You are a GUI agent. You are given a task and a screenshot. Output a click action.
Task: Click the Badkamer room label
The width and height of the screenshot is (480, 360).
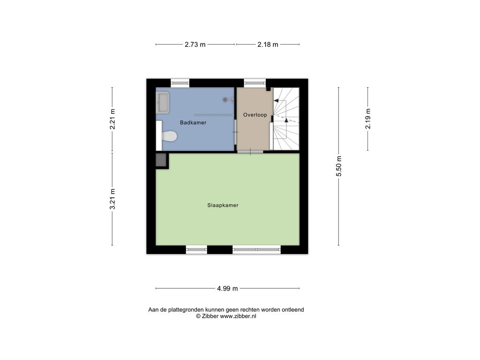click(x=193, y=122)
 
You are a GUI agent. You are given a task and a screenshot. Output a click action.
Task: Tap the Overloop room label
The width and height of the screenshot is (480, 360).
click(x=255, y=115)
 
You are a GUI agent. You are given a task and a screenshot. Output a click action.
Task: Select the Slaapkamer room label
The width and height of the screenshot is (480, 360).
click(x=223, y=205)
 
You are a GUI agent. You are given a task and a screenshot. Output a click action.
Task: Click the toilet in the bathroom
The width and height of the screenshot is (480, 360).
click(x=169, y=136)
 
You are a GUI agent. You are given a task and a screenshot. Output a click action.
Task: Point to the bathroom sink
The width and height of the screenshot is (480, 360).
click(x=163, y=103)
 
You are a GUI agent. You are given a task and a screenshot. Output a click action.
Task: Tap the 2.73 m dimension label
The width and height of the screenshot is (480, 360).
click(x=195, y=45)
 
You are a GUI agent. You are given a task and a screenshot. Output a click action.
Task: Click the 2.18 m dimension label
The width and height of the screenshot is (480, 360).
click(x=268, y=45)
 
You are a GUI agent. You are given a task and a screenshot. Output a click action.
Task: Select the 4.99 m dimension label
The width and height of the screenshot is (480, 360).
click(x=227, y=288)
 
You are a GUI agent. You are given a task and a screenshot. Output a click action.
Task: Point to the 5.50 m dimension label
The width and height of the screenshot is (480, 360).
click(x=338, y=166)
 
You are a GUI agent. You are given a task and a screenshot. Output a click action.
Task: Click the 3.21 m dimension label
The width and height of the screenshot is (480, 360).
click(x=112, y=199)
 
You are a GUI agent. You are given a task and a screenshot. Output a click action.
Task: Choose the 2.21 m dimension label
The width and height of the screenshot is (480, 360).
click(x=112, y=119)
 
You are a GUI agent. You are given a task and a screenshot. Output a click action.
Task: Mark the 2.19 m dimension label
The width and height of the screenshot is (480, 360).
click(x=367, y=119)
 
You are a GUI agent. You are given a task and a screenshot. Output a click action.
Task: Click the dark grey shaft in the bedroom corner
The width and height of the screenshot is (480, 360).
click(x=161, y=160)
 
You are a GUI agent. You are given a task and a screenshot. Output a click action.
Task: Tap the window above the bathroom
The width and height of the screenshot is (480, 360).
click(x=180, y=82)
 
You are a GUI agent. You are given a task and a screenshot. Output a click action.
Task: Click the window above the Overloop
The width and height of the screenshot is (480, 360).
click(x=255, y=82)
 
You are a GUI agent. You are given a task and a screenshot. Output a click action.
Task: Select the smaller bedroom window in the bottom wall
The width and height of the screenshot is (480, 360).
click(x=196, y=249)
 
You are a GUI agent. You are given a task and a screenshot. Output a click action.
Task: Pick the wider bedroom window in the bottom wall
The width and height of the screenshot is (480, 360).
click(x=256, y=249)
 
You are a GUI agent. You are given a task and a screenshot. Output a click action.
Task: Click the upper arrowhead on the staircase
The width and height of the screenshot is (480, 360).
click(x=276, y=100)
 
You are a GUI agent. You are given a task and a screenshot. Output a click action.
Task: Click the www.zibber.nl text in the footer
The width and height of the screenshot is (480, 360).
click(x=238, y=316)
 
